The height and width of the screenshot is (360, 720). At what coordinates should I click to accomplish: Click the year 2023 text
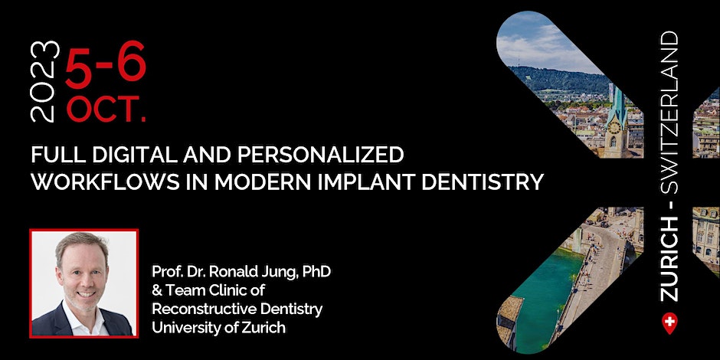[45, 81]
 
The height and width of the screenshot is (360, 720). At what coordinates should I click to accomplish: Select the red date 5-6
[106, 65]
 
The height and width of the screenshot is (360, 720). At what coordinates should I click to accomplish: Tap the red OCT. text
[106, 110]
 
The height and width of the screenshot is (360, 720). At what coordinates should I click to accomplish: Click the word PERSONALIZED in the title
[322, 155]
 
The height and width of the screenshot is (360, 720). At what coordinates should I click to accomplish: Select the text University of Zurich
[218, 328]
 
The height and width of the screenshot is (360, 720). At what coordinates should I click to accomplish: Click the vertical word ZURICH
[669, 257]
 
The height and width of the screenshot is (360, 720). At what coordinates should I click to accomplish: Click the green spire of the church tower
[617, 103]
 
